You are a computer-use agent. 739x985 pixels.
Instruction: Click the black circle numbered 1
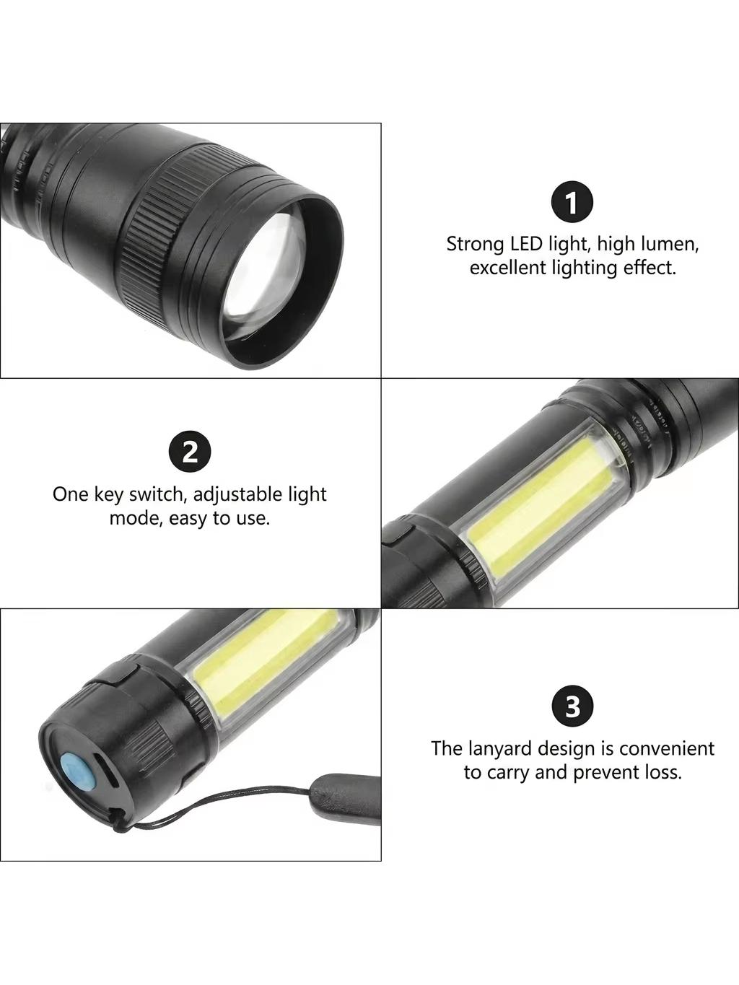pyautogui.click(x=572, y=203)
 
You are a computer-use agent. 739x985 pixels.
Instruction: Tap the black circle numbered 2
pyautogui.click(x=191, y=452)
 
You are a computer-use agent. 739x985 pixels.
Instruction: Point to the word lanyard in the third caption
pyautogui.click(x=499, y=749)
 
